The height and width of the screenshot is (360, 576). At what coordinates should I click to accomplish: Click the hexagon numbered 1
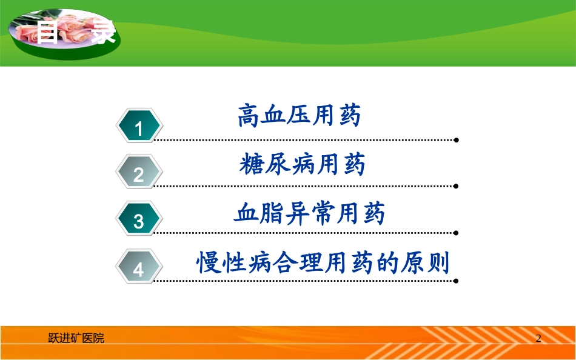pos(139,127)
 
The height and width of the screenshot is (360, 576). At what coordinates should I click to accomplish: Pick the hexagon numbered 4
pos(139,267)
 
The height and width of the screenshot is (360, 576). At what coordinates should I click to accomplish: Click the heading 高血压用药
pos(299,116)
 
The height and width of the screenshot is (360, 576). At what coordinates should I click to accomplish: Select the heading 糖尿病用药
pos(302,164)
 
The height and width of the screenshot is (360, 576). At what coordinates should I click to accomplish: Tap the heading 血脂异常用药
pos(309,214)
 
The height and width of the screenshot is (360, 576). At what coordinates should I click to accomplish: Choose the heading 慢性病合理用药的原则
pos(323,263)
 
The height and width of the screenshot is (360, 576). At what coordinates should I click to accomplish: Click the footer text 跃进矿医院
pos(76,338)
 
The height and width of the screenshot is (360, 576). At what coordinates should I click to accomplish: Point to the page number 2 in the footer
pos(538,338)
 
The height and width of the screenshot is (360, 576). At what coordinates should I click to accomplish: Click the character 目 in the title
pos(47,32)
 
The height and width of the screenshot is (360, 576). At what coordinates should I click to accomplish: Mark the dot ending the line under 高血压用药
pos(456,140)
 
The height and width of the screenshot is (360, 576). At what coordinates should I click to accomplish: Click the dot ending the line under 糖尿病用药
pos(456,186)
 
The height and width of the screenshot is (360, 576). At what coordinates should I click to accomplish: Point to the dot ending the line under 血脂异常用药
pos(456,232)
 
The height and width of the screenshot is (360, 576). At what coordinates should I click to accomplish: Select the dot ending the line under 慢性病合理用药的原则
pos(456,281)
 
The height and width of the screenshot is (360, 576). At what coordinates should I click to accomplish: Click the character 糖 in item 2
pos(251,164)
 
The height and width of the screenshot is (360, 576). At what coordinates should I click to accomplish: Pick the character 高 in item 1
pos(249,116)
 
